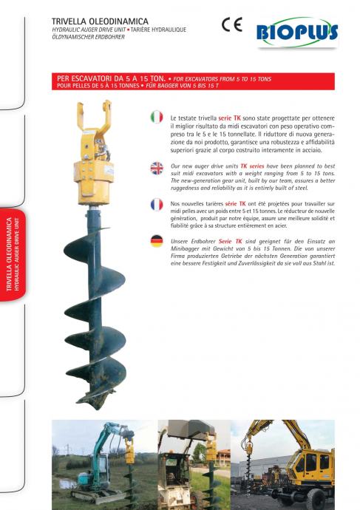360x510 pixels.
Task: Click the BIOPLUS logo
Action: [x=297, y=33]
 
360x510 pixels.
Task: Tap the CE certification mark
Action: [x=232, y=24]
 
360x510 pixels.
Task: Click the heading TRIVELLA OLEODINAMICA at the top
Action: [x=100, y=21]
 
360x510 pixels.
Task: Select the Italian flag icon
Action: [x=157, y=117]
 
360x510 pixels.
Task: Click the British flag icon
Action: [x=157, y=169]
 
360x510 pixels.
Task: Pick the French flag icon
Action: [x=157, y=205]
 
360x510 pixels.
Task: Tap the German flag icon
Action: [x=157, y=241]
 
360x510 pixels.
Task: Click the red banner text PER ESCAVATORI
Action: [x=111, y=78]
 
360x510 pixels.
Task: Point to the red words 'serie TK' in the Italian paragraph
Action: [x=229, y=118]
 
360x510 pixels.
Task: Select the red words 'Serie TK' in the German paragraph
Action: [x=230, y=242]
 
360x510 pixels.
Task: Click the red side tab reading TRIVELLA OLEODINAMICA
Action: [x=13, y=255]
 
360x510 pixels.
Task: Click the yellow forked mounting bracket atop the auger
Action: [x=95, y=117]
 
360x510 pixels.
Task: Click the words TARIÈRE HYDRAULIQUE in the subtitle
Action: [x=158, y=30]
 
